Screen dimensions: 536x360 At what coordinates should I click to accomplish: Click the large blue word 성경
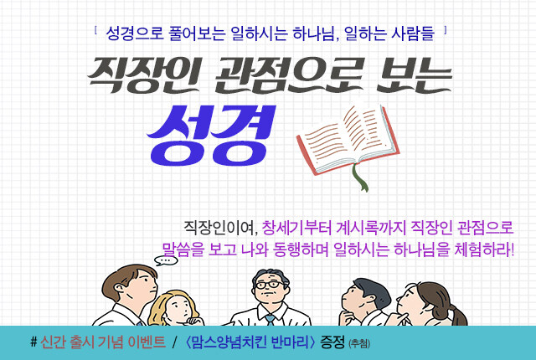click(x=211, y=136)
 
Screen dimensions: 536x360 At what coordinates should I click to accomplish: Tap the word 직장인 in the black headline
click(x=143, y=75)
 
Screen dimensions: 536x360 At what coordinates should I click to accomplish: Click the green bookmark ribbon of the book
click(x=360, y=177)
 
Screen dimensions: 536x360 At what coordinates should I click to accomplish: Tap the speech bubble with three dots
click(x=166, y=260)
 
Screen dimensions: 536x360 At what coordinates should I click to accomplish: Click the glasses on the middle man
click(x=271, y=285)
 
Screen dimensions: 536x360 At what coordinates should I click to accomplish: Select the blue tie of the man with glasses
click(x=270, y=320)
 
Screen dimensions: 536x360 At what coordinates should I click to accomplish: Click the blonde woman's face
click(x=177, y=307)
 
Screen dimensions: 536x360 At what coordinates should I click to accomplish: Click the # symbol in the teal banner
click(x=33, y=342)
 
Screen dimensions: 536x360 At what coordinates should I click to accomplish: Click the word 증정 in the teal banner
click(x=332, y=342)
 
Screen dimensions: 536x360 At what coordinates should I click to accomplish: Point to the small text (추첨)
click(x=359, y=343)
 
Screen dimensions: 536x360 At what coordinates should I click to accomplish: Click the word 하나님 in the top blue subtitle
click(x=314, y=33)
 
